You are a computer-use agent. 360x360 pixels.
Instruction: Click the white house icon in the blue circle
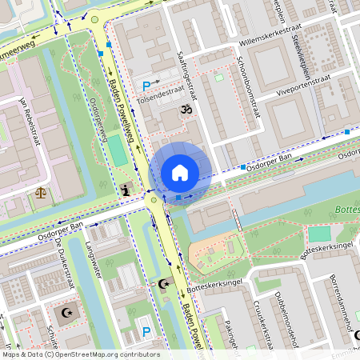click(x=180, y=172)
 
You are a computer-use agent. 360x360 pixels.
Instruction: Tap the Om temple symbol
click(x=186, y=109)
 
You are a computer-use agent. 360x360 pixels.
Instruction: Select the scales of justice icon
click(x=41, y=192)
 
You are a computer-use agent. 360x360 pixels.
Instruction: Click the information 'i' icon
click(x=126, y=189)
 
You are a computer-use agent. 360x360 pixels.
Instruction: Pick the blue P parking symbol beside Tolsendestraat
click(x=146, y=86)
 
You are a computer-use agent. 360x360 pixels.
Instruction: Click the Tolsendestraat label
click(x=162, y=94)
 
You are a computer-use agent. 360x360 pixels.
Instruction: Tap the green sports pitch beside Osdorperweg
click(x=119, y=150)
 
